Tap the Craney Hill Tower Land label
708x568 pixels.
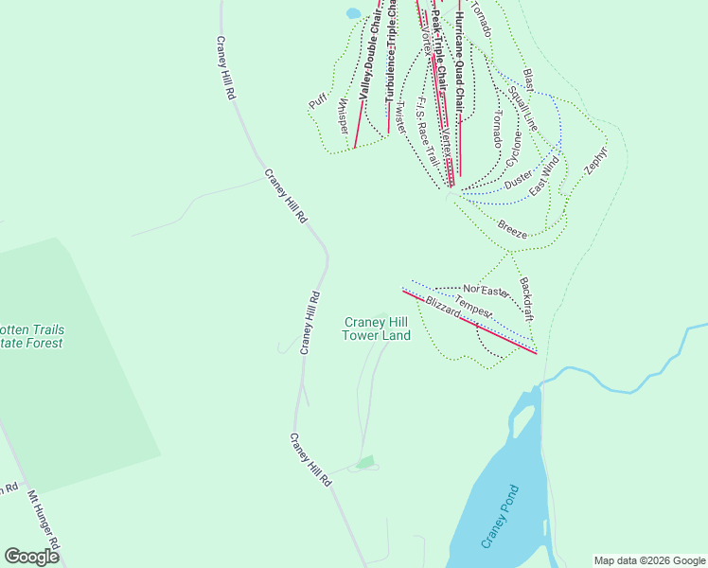pyautogui.click(x=376, y=328)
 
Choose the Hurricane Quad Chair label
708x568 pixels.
pyautogui.click(x=458, y=57)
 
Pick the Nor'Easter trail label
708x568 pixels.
pyautogui.click(x=487, y=288)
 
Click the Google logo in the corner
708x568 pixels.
pyautogui.click(x=31, y=557)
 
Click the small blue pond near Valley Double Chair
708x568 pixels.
pyautogui.click(x=353, y=13)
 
